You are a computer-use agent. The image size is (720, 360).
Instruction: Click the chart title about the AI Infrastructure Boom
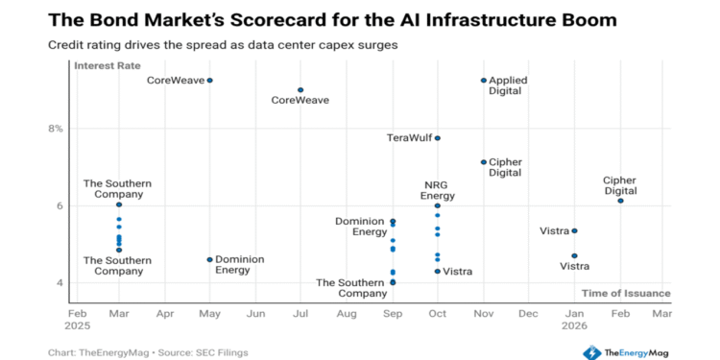(332, 19)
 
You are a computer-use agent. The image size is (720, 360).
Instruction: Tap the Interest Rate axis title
(108, 66)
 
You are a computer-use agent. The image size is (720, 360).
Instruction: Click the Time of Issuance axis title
(626, 293)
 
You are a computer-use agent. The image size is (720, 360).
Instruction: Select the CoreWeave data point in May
(209, 81)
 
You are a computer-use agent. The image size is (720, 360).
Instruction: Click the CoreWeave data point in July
(300, 90)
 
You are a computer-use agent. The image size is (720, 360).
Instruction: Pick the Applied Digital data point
(484, 81)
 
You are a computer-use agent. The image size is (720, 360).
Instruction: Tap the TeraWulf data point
(438, 138)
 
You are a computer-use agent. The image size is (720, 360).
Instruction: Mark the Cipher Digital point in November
(484, 162)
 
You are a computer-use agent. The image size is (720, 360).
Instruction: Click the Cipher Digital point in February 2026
(620, 201)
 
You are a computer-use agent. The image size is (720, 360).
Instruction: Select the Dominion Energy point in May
(209, 259)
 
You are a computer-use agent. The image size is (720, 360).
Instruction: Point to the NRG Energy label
(438, 190)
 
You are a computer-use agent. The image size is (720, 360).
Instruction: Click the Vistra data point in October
(438, 272)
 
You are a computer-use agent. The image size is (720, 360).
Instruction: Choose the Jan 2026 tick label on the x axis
(574, 319)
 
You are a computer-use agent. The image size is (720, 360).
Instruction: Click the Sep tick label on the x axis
(393, 313)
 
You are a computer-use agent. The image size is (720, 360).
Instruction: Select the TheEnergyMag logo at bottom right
(627, 352)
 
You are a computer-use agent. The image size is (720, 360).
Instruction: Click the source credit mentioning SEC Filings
(148, 352)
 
